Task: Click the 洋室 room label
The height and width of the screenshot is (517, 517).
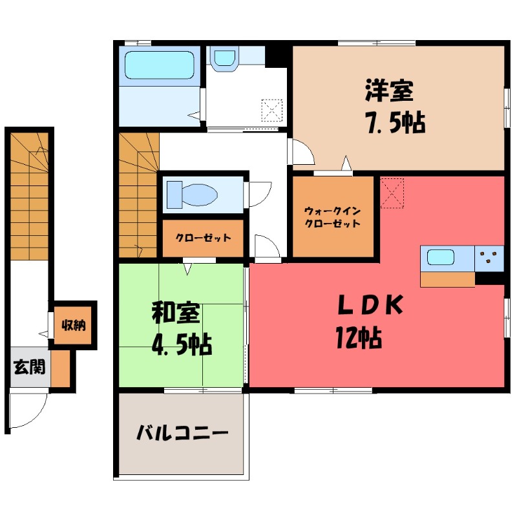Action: [388, 92]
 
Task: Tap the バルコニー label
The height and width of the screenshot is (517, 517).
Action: [182, 432]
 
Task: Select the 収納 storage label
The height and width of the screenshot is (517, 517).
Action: [74, 324]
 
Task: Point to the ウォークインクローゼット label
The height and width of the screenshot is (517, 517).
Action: [332, 216]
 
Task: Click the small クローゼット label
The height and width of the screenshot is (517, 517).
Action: [203, 237]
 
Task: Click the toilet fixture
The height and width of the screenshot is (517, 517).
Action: [192, 193]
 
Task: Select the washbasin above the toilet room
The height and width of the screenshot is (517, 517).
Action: [224, 58]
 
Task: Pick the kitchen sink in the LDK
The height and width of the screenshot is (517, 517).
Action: [447, 258]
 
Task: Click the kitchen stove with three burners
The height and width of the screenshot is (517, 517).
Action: [489, 258]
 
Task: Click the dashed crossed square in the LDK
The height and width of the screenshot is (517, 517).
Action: [391, 193]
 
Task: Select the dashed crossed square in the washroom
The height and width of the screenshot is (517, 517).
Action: [272, 110]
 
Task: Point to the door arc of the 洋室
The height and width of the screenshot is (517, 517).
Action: [302, 151]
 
